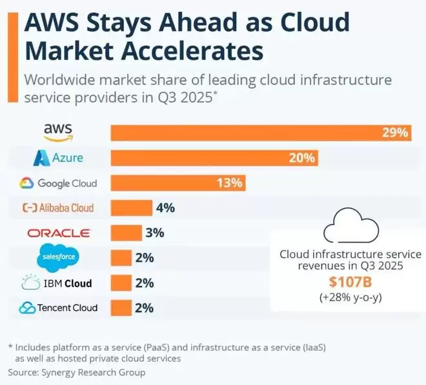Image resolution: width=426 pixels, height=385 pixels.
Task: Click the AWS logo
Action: pyautogui.click(x=58, y=132)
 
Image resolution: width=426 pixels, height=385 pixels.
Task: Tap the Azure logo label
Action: pyautogui.click(x=59, y=157)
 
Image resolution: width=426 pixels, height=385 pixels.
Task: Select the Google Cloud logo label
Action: pyautogui.click(x=58, y=183)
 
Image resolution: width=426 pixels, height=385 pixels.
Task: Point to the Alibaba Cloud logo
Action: pyautogui.click(x=58, y=208)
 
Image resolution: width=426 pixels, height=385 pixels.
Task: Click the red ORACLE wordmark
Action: pyautogui.click(x=59, y=233)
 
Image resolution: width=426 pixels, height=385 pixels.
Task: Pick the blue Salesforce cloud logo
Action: pyautogui.click(x=59, y=257)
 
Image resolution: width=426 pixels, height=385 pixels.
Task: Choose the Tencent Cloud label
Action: pyautogui.click(x=58, y=308)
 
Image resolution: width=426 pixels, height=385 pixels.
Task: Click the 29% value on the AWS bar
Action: pyautogui.click(x=394, y=133)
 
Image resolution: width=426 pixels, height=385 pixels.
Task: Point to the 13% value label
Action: pyautogui.click(x=228, y=183)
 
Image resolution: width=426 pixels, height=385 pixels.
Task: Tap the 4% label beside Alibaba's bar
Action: pyautogui.click(x=164, y=208)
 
